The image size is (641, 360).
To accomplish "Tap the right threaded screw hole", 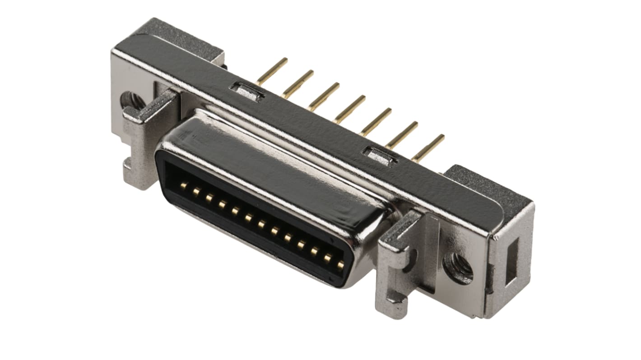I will [458, 268].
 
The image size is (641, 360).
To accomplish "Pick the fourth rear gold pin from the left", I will [350, 109].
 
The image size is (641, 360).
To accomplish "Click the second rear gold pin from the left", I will [298, 83].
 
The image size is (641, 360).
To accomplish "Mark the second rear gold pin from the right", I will [402, 134].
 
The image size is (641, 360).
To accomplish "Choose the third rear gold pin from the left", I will [324, 96].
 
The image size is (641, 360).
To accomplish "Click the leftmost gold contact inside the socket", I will [184, 185].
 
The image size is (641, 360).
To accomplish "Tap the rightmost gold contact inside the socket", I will [340, 264].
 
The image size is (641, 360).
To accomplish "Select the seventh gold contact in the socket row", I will [261, 224].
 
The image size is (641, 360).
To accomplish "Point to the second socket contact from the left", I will [196, 192].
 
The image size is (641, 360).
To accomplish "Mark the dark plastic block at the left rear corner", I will [181, 38].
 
